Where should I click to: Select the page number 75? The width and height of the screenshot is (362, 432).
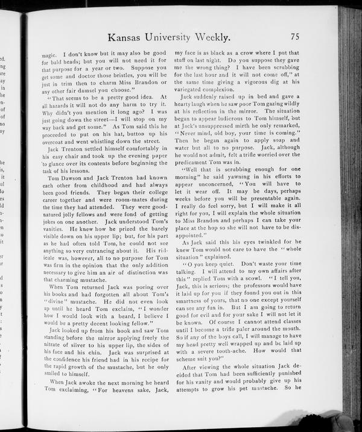pyautogui.click(x=295, y=37)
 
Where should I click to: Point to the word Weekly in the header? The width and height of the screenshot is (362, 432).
pyautogui.click(x=215, y=37)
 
